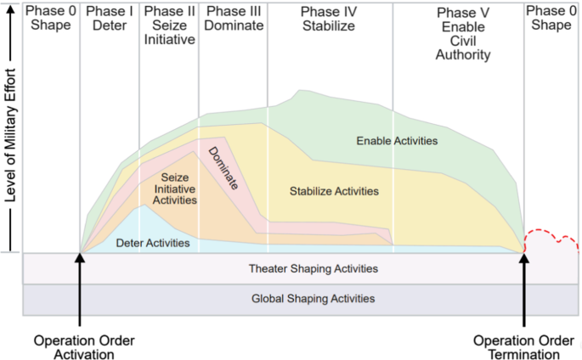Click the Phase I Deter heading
110,20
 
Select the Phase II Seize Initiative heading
169,27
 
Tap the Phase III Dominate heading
232,20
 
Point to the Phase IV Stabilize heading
329,20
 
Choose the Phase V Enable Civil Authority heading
462,35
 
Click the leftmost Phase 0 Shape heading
50,20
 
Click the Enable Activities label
397,141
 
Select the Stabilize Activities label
334,191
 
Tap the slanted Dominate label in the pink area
223,168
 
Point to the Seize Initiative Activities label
175,188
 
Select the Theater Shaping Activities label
313,269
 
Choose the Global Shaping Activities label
313,299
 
